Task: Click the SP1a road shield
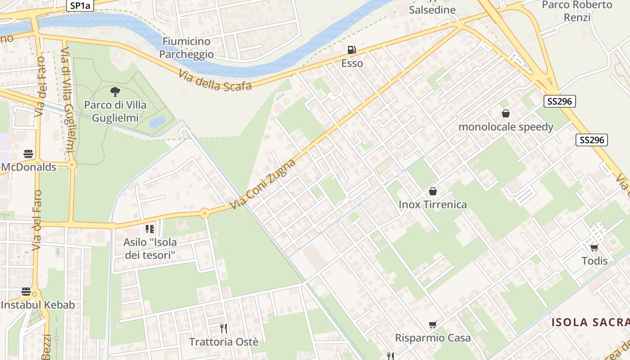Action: pos(80,5)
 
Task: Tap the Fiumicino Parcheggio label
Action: pos(186,48)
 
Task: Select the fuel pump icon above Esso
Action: pos(352,49)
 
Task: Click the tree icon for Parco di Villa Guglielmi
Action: pos(115,92)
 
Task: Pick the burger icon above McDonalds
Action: pos(28,154)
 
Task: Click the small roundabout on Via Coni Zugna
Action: pos(205,213)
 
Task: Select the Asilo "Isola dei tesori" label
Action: pos(150,249)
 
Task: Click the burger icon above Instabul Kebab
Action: pos(26,292)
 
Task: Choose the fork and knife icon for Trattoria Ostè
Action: pos(223,328)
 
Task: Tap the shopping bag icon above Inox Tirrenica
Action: pos(433,191)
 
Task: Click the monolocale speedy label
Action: pos(505,127)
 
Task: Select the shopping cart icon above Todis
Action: pos(594,247)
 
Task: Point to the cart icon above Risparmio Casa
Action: pos(433,324)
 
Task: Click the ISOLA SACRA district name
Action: pos(590,322)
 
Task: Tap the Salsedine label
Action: pos(432,9)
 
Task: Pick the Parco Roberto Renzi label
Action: pos(577,11)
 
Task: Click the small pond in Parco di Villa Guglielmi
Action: pos(157,121)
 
